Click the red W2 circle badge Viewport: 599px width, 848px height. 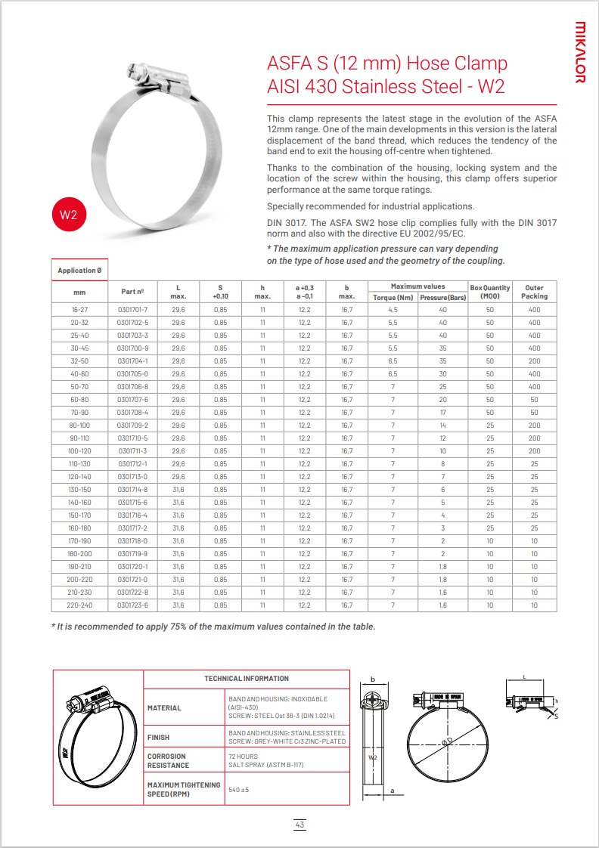69,215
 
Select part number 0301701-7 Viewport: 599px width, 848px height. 133,310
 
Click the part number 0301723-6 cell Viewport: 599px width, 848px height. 133,605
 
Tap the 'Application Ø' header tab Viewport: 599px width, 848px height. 79,271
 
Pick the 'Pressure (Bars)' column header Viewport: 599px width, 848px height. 443,297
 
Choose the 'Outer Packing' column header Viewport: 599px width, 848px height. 534,292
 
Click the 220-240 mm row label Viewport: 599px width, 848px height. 79,605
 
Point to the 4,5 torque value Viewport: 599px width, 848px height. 393,310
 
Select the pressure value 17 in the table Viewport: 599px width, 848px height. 443,413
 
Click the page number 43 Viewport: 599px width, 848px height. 299,825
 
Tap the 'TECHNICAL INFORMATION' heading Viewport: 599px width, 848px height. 247,679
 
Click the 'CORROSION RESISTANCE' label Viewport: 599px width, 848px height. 167,760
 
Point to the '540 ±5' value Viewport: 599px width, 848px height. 239,790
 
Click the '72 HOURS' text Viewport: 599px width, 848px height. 243,756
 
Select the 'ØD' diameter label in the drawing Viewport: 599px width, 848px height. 447,743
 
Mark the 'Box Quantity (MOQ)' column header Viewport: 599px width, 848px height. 490,292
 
